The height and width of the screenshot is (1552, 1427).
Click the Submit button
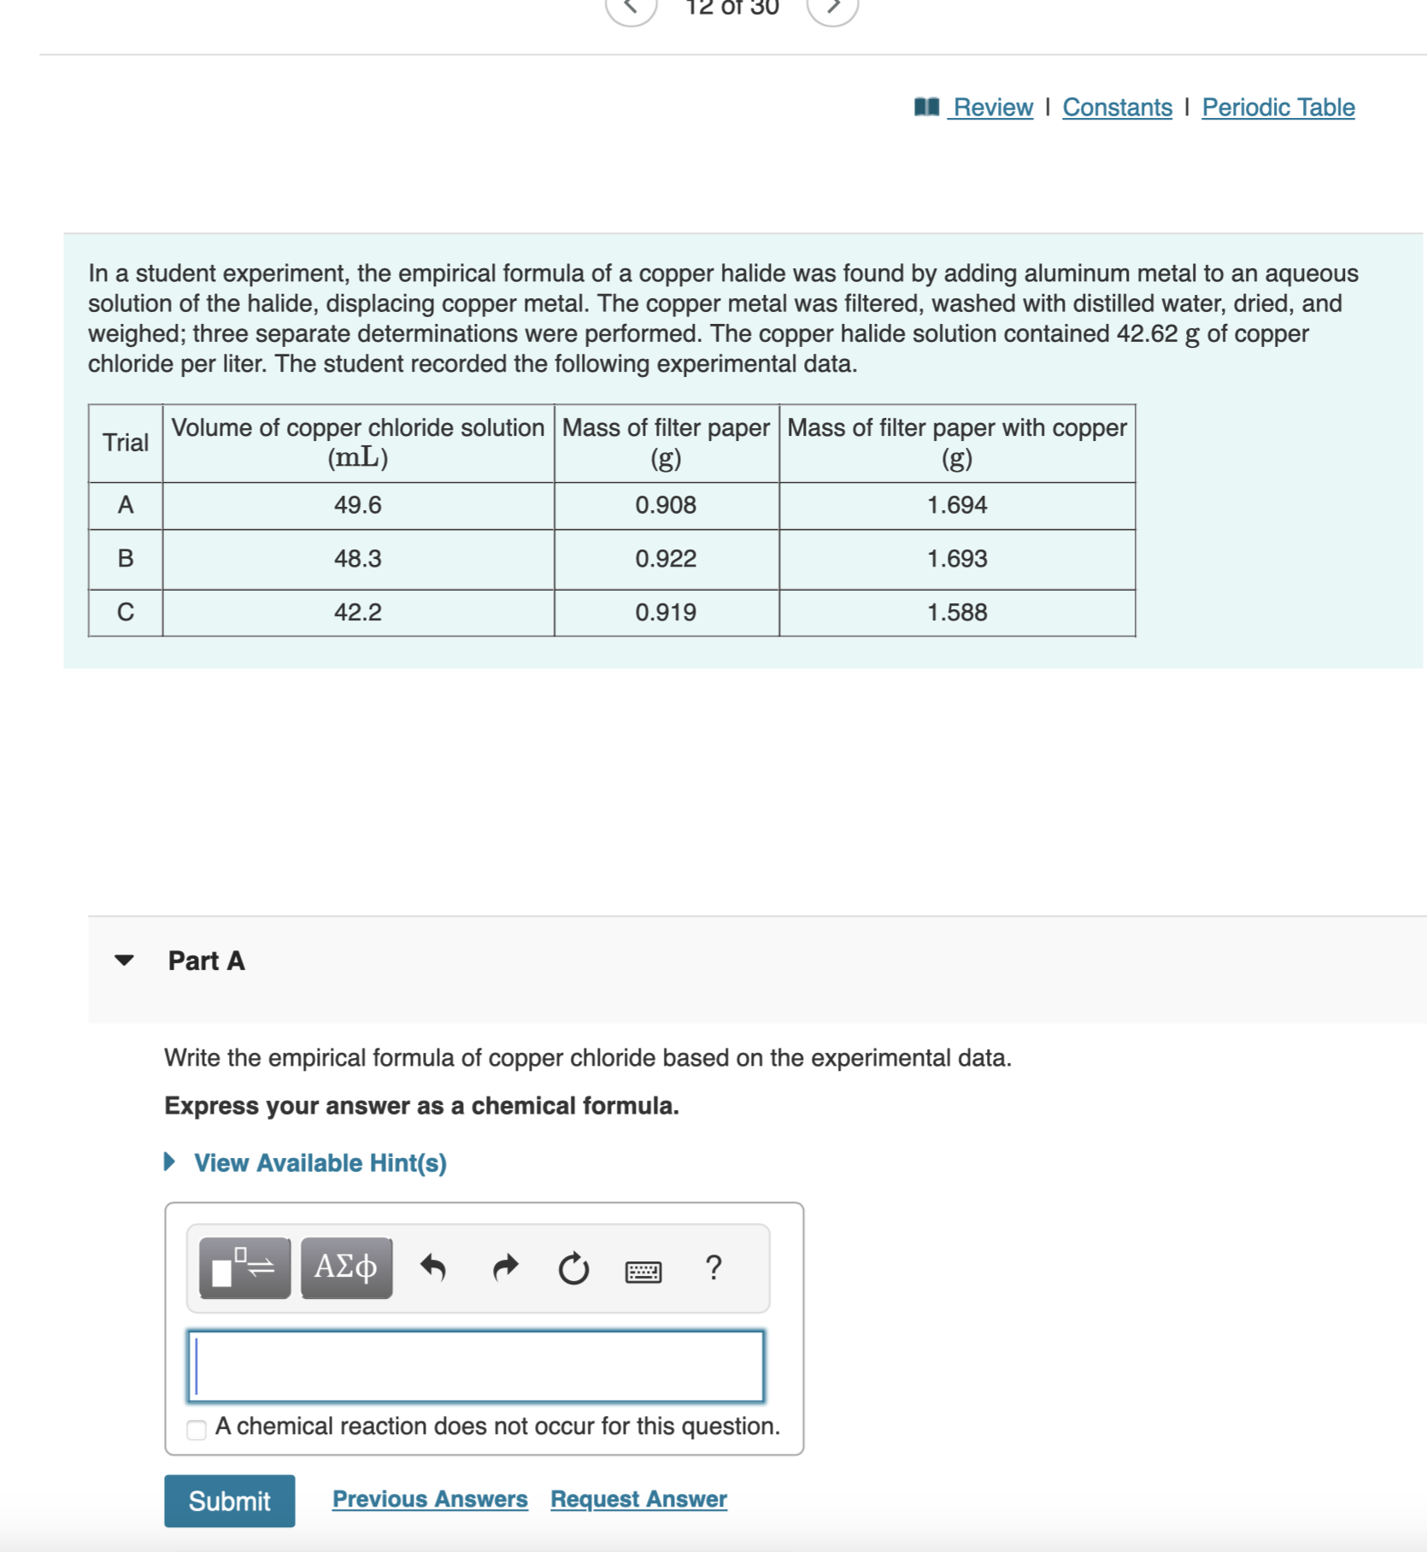[229, 1501]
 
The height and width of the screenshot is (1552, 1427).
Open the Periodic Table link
[1277, 108]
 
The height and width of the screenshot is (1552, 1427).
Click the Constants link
[1117, 108]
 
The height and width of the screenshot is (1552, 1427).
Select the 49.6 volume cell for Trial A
[357, 505]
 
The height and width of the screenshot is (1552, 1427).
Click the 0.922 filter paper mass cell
[666, 559]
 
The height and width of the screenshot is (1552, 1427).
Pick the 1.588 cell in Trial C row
[956, 613]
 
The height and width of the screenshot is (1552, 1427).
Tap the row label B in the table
[126, 559]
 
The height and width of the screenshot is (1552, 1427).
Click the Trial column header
[126, 443]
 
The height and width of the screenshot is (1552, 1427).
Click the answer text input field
[475, 1366]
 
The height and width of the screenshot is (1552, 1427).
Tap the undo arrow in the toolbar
[433, 1267]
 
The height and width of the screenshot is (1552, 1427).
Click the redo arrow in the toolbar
[506, 1267]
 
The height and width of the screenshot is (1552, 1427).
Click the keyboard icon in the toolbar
[643, 1271]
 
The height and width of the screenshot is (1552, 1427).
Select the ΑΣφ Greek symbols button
[346, 1267]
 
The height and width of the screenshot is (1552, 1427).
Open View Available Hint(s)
[320, 1163]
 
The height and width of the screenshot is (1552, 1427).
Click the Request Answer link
[638, 1499]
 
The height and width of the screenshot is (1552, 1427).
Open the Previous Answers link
[430, 1499]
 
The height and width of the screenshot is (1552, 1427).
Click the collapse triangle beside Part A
[125, 961]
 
